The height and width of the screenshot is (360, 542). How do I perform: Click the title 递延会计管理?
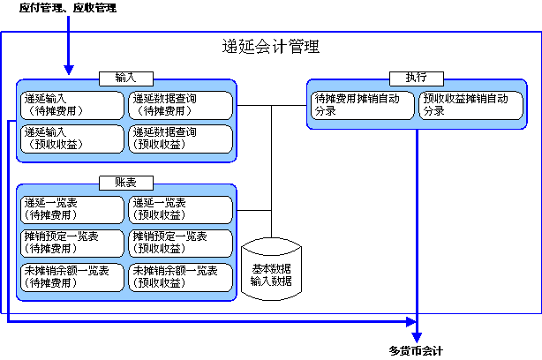[271, 47]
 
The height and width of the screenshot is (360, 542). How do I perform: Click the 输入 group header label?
[127, 78]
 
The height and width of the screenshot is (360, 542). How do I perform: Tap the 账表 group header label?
[127, 182]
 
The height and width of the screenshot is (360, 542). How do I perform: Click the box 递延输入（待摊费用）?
[72, 105]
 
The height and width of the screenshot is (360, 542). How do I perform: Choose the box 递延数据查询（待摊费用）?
[181, 105]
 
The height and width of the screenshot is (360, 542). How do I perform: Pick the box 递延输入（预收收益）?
[72, 138]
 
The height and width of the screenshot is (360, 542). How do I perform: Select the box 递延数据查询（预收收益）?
[181, 138]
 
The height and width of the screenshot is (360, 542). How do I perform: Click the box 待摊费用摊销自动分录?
[362, 105]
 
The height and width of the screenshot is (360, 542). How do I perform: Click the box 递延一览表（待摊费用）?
[72, 209]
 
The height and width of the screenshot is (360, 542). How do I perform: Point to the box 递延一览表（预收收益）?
[181, 209]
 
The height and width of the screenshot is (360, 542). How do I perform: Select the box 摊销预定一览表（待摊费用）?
[72, 243]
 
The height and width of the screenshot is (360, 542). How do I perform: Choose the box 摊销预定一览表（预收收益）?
[181, 243]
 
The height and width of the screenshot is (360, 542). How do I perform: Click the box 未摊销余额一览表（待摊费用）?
[72, 276]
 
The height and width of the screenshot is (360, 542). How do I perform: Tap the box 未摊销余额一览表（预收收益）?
[181, 276]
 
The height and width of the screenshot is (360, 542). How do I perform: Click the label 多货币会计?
[416, 350]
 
